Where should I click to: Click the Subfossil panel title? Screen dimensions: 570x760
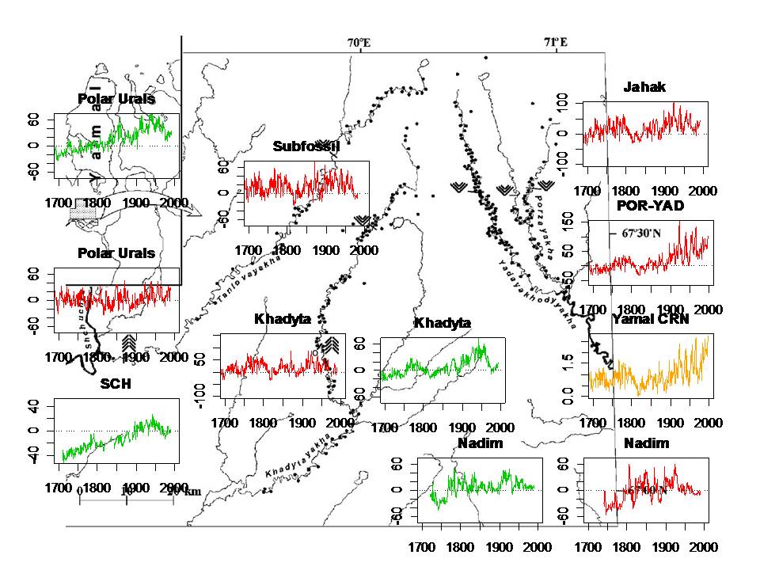[x=306, y=146]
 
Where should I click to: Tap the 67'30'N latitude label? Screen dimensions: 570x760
[x=635, y=234]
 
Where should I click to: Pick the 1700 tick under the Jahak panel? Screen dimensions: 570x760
[x=588, y=191]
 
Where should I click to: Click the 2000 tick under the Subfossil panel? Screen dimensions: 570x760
[x=364, y=251]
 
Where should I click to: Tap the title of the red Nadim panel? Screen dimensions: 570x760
[x=645, y=443]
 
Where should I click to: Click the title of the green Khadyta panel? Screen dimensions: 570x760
[x=442, y=323]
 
